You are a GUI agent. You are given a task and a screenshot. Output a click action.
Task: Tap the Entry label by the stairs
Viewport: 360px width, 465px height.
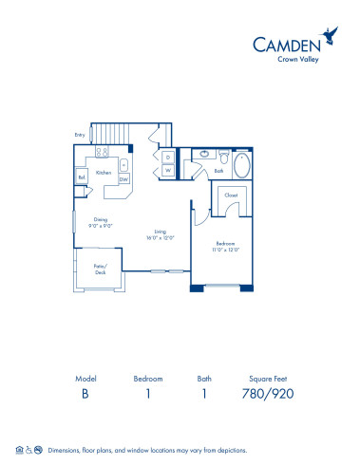(x=79, y=135)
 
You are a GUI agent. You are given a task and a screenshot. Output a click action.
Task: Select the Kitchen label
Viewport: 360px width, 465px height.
(x=103, y=173)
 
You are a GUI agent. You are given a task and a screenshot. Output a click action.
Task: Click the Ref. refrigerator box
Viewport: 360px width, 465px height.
(x=83, y=177)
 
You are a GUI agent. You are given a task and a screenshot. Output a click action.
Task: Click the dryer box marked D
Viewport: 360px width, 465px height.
(x=167, y=157)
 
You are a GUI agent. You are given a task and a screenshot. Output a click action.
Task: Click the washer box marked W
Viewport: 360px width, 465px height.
(x=167, y=171)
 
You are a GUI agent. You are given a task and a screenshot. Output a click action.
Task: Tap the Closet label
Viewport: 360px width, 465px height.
(x=231, y=195)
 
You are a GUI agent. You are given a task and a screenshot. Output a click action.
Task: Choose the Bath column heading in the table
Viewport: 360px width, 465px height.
(x=201, y=377)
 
